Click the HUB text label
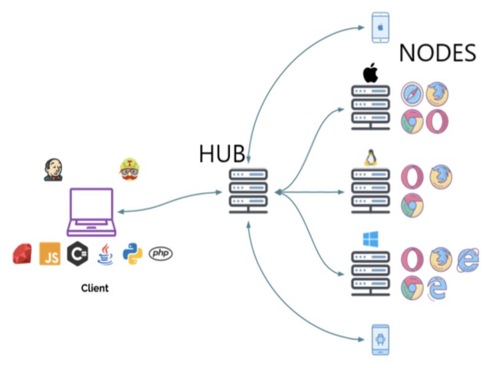222,154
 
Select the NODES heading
437,54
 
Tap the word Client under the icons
95,287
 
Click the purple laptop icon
92,212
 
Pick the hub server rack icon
248,191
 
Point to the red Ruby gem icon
22,254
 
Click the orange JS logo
50,254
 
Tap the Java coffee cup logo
105,254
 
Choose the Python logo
132,254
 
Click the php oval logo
161,253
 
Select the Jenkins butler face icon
53,169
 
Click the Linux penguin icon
370,158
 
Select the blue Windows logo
370,239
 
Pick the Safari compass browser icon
411,95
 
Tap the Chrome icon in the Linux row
411,206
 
